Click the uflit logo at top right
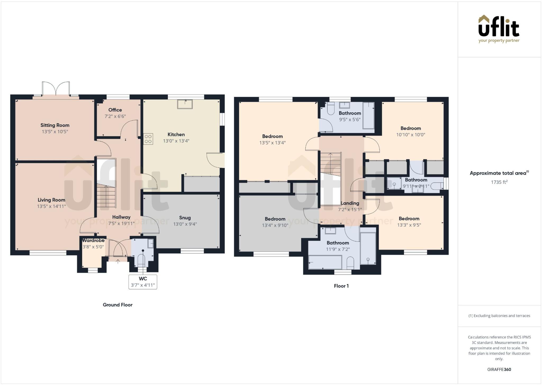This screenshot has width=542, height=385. pyautogui.click(x=499, y=29)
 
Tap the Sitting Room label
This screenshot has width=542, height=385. pyautogui.click(x=55, y=125)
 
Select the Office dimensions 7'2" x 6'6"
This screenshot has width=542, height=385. pyautogui.click(x=115, y=116)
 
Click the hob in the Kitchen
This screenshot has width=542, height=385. pyautogui.click(x=148, y=139)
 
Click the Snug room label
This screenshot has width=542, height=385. pyautogui.click(x=185, y=218)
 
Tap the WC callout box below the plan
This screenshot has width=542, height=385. pyautogui.click(x=143, y=282)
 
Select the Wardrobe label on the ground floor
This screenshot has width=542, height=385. pyautogui.click(x=93, y=241)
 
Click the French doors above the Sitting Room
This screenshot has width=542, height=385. pyautogui.click(x=56, y=89)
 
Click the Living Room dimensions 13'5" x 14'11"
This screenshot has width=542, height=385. pyautogui.click(x=51, y=206)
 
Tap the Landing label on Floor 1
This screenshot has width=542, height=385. pyautogui.click(x=350, y=203)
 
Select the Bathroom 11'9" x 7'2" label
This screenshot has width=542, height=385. pyautogui.click(x=338, y=243)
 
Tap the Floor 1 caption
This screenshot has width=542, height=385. pyautogui.click(x=341, y=286)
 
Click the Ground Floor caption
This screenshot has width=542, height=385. pyautogui.click(x=118, y=305)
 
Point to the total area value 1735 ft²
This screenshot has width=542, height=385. pyautogui.click(x=499, y=182)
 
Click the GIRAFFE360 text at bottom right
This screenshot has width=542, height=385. pyautogui.click(x=499, y=369)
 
